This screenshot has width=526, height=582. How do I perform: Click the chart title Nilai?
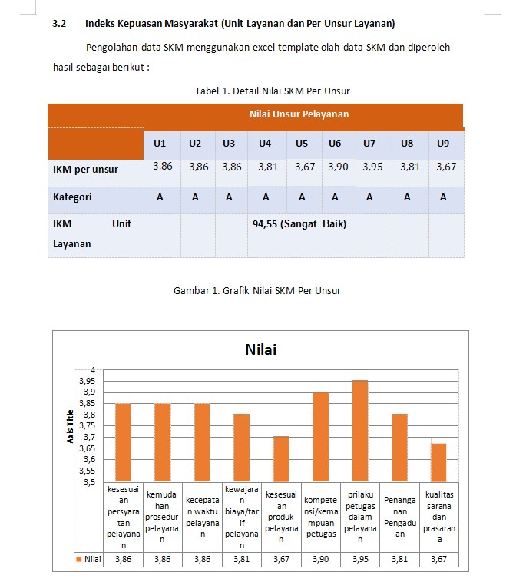click(260, 349)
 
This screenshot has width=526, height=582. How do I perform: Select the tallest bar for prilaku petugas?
click(360, 430)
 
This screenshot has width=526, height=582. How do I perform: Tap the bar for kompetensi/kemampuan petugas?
click(321, 436)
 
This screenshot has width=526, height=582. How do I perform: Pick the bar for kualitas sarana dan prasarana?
click(438, 462)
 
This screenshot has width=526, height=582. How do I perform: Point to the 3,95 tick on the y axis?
click(85, 381)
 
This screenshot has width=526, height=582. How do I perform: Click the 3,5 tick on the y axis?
click(88, 482)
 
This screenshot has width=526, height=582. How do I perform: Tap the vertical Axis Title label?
click(70, 426)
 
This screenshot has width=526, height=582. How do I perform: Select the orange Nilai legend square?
click(78, 559)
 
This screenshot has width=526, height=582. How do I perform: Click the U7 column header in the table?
click(369, 144)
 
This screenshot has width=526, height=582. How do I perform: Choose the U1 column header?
click(160, 144)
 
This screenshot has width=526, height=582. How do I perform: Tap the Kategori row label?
click(72, 197)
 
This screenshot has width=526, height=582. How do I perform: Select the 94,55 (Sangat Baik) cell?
click(299, 224)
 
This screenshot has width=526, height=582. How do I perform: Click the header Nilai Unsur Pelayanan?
click(299, 114)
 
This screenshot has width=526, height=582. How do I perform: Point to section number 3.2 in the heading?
click(59, 24)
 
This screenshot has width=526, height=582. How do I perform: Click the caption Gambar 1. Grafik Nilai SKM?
click(257, 290)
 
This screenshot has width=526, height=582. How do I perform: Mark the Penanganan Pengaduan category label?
click(399, 516)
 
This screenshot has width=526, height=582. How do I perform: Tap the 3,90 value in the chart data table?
click(321, 559)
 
